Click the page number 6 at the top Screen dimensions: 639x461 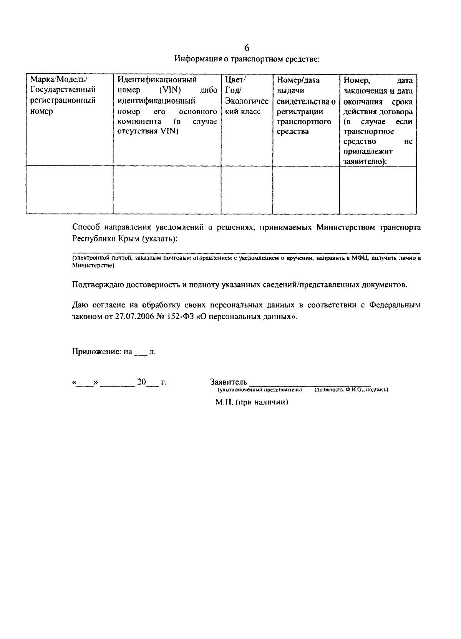(247, 48)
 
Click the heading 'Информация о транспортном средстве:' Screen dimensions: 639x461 (247, 59)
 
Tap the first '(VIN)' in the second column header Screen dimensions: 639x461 (170, 90)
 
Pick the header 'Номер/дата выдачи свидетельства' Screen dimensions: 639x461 (306, 106)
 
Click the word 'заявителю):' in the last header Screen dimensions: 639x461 (365, 162)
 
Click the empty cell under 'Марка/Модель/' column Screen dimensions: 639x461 (70, 190)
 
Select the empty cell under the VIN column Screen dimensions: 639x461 (167, 190)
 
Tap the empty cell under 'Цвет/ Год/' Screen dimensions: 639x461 (247, 190)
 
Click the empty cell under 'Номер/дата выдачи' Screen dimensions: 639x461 (306, 190)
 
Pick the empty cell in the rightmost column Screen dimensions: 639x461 (378, 190)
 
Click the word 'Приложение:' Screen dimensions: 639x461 (97, 352)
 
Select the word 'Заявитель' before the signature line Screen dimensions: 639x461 (229, 382)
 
